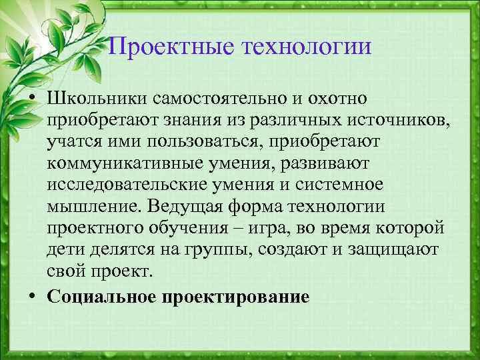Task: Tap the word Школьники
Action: pyautogui.click(x=97, y=99)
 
